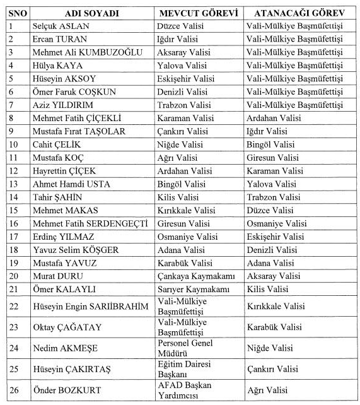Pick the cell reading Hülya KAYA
[56, 66]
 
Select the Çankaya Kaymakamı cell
[194, 276]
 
